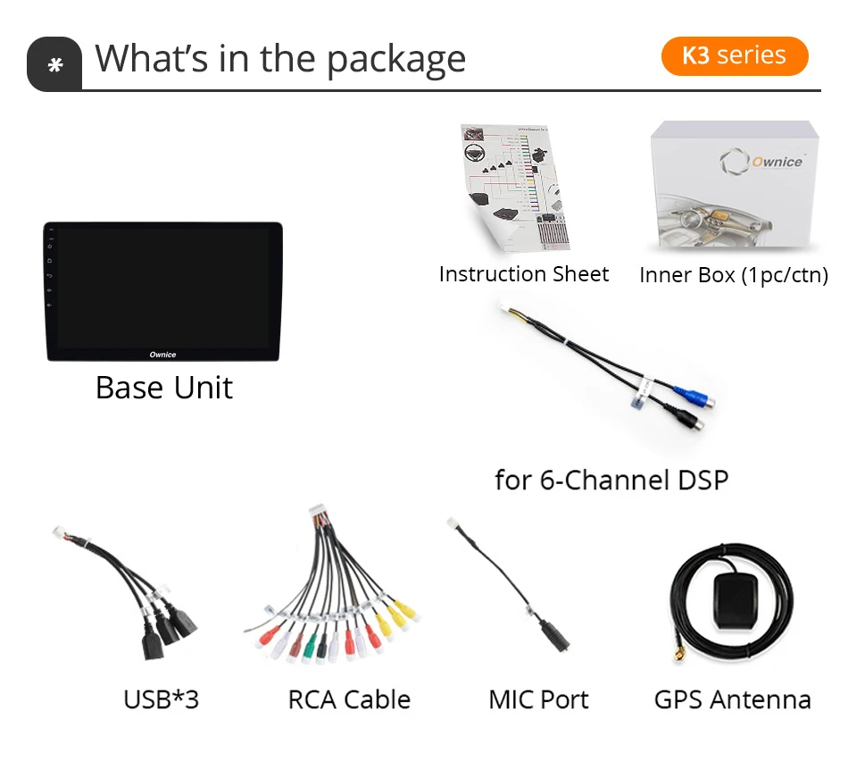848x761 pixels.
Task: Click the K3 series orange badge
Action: (734, 55)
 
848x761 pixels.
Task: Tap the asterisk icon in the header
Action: (55, 65)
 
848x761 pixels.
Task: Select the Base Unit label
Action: (164, 388)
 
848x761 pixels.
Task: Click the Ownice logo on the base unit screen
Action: (162, 355)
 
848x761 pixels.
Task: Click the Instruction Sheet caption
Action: (524, 274)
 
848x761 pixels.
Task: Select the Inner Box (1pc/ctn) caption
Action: (734, 275)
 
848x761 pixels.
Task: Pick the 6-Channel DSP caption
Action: (611, 481)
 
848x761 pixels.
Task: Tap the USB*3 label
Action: (161, 699)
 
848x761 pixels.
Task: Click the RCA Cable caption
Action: (349, 699)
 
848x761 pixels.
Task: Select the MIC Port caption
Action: (538, 699)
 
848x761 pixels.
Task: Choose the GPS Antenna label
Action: (732, 699)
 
